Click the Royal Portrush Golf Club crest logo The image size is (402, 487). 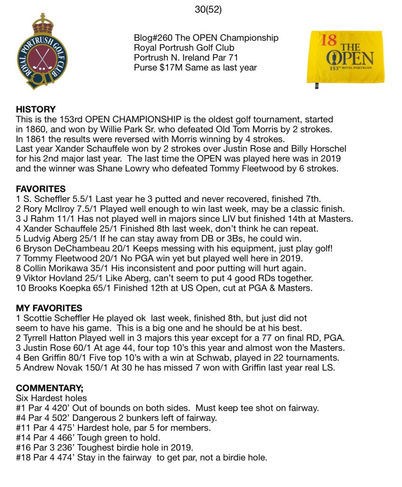(42, 52)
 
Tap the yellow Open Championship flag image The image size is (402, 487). (346, 57)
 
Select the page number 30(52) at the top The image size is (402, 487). (208, 9)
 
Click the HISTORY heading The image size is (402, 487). (36, 109)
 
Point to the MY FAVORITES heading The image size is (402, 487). (49, 308)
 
